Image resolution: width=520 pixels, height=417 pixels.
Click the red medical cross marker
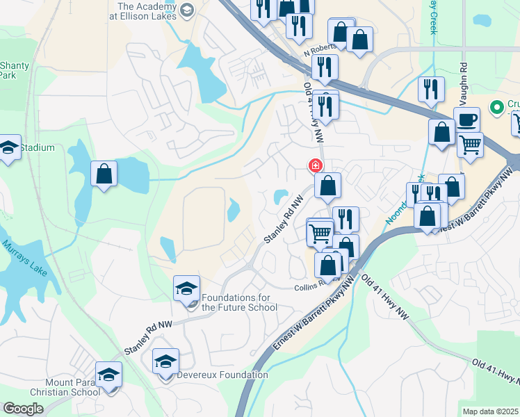pyautogui.click(x=316, y=165)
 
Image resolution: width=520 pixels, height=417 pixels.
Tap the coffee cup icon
pyautogui.click(x=466, y=120)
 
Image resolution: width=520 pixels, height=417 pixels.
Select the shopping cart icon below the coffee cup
pyautogui.click(x=471, y=145)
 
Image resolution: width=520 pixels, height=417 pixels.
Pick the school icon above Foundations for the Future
pyautogui.click(x=186, y=288)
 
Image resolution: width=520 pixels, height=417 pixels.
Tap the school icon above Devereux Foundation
pyautogui.click(x=165, y=361)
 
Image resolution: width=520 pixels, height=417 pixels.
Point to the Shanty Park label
pyautogui.click(x=15, y=70)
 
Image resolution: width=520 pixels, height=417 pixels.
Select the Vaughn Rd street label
pyautogui.click(x=462, y=79)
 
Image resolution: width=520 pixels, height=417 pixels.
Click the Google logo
pyautogui.click(x=23, y=409)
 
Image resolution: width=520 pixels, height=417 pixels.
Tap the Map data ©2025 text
pyautogui.click(x=490, y=411)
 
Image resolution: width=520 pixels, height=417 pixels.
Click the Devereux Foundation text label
pyautogui.click(x=222, y=375)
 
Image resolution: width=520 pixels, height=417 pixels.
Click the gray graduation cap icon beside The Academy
pyautogui.click(x=186, y=9)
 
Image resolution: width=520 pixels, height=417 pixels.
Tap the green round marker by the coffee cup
pyautogui.click(x=496, y=107)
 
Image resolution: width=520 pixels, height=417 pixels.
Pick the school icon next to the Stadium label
pyautogui.click(x=8, y=148)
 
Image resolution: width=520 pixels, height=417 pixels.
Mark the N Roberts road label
pyautogui.click(x=320, y=52)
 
